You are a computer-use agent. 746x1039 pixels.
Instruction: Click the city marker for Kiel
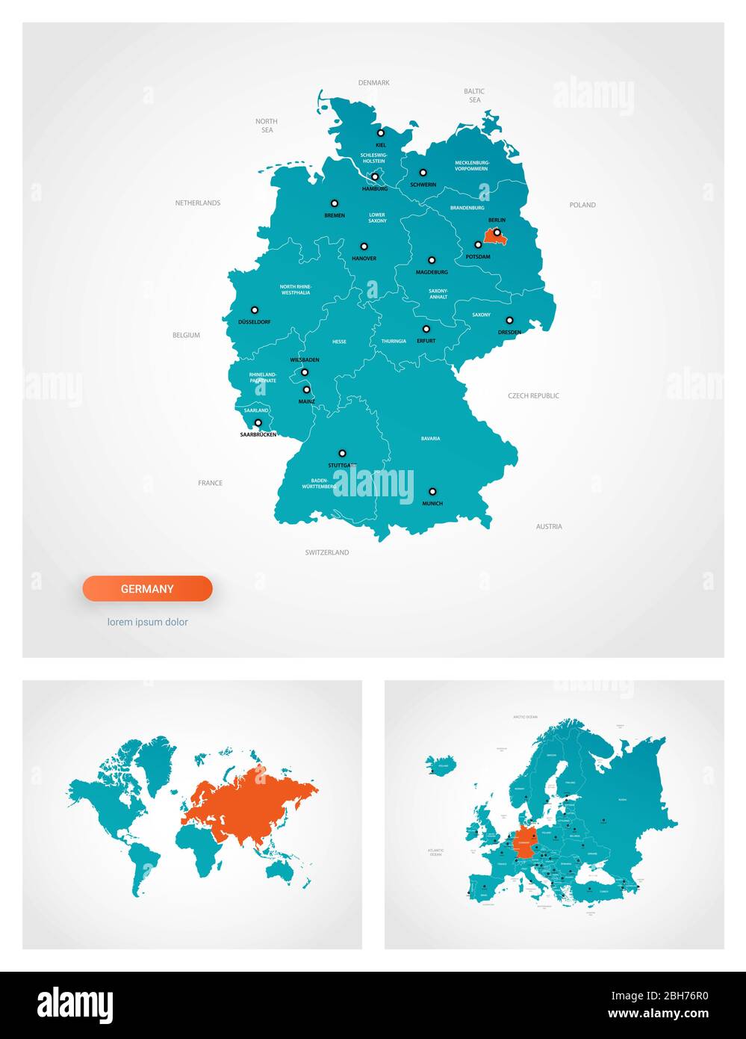[380, 133]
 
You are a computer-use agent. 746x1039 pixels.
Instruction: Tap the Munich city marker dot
[432, 492]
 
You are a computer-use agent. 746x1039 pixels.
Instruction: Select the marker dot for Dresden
[509, 321]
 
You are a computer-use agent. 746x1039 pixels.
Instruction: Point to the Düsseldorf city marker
[254, 309]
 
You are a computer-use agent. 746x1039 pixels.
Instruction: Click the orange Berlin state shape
[491, 238]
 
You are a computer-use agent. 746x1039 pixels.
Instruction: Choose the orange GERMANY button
[147, 589]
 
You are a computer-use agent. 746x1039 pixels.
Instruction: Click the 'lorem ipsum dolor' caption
[147, 622]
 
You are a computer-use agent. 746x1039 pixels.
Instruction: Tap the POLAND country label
[582, 205]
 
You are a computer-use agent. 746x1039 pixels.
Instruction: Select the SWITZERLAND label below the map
[326, 553]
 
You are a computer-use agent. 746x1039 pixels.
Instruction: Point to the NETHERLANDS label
[198, 203]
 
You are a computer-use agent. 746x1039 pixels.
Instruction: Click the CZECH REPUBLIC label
[533, 396]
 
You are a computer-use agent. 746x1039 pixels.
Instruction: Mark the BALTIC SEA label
[475, 96]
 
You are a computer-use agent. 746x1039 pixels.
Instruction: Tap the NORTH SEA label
[267, 126]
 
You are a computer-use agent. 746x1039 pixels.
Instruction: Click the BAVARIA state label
[430, 439]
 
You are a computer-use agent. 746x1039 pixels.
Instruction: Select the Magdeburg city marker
[432, 261]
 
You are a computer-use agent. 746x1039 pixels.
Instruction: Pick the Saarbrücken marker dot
[258, 423]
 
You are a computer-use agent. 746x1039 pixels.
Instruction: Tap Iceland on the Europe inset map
[442, 765]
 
